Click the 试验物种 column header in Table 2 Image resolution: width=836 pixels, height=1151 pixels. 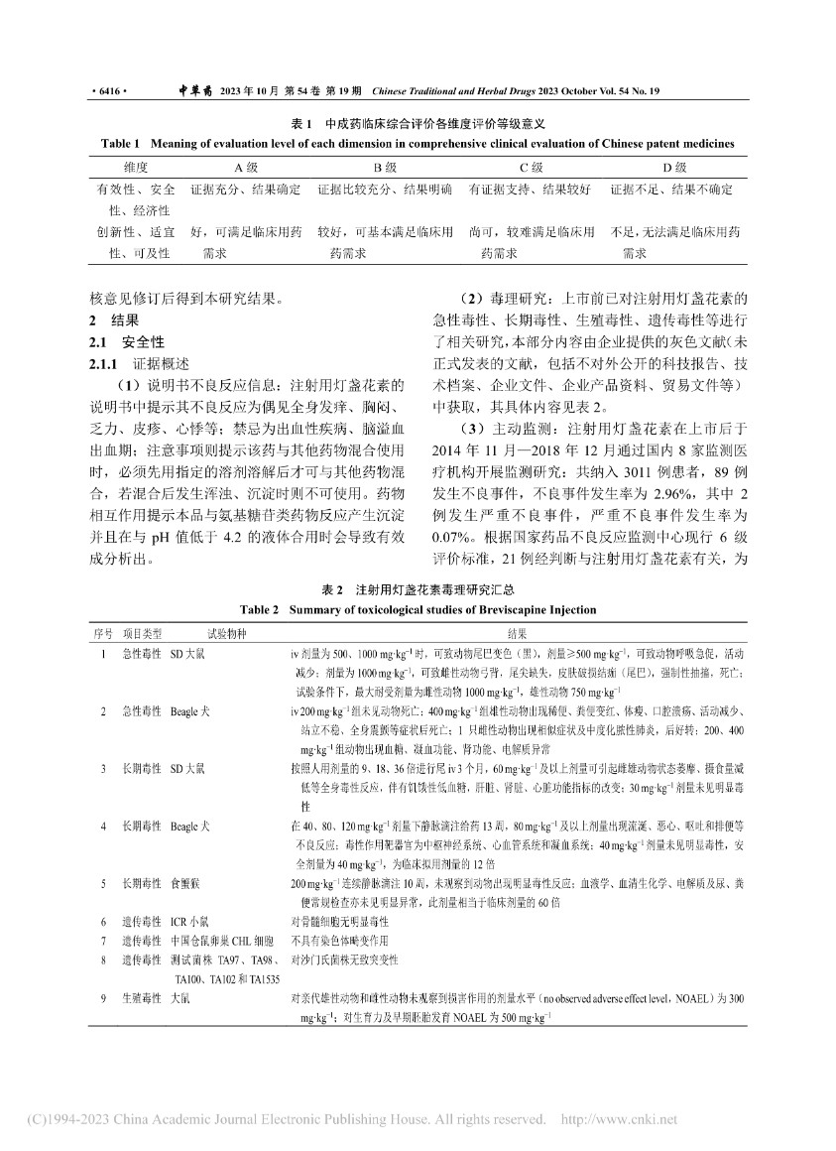click(229, 632)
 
